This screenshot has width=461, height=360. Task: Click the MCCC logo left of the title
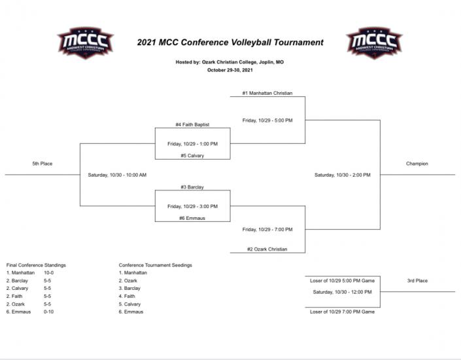click(85, 43)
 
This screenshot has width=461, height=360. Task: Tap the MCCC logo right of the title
click(374, 43)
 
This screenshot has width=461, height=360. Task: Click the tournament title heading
click(230, 43)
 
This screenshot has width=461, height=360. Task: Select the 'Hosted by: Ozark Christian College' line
click(230, 62)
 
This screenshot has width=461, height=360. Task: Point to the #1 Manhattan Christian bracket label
click(267, 93)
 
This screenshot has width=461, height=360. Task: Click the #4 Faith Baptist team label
click(192, 124)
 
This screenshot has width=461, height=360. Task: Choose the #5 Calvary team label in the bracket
click(192, 156)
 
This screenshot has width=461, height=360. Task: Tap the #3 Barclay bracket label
click(192, 187)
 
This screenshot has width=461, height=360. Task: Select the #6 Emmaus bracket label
click(192, 218)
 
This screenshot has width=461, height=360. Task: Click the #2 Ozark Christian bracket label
click(267, 249)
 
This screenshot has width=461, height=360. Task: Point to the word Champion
click(417, 164)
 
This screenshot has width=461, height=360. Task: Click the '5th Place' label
click(42, 164)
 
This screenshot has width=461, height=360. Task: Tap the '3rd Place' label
click(417, 281)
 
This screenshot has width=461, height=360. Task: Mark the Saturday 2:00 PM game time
click(342, 175)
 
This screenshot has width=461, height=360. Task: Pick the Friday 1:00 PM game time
click(192, 143)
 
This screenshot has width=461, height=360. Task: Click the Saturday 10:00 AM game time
click(117, 175)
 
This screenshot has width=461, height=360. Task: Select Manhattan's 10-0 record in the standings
click(49, 272)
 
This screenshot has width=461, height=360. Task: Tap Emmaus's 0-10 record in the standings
click(49, 312)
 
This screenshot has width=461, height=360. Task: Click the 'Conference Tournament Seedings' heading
click(155, 265)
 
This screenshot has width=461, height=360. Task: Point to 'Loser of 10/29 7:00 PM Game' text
click(342, 312)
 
